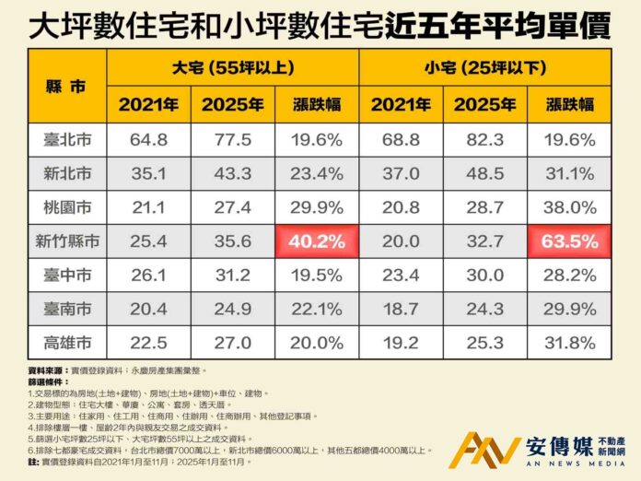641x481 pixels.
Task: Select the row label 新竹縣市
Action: [66, 242]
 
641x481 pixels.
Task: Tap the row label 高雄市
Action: [66, 344]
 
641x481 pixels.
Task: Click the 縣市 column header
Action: [66, 86]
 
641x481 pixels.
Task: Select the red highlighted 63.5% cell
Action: [569, 242]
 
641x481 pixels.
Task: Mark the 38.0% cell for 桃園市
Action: [569, 207]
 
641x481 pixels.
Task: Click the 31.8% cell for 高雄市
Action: [569, 344]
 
